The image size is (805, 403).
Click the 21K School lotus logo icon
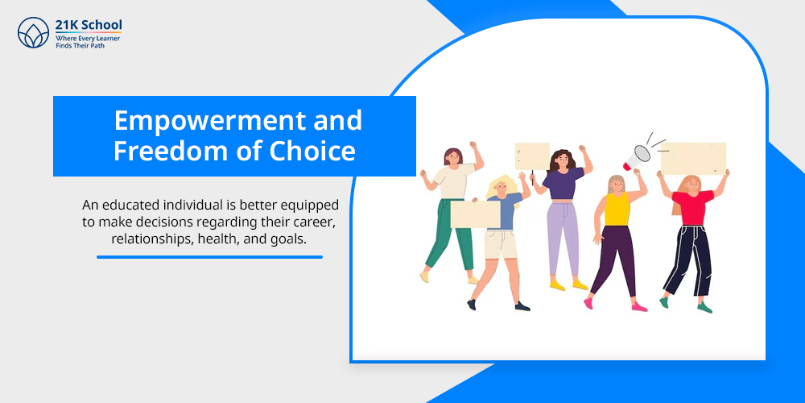(33, 32)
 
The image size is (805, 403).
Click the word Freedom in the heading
(169, 152)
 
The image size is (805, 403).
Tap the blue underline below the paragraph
(209, 257)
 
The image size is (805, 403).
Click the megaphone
(637, 156)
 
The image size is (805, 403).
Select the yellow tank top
(617, 209)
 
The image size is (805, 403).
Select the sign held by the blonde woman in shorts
(476, 214)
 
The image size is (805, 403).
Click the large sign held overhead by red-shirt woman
(693, 159)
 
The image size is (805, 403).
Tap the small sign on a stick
(532, 157)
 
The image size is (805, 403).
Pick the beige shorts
(501, 245)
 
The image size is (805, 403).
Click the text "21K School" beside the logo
(89, 24)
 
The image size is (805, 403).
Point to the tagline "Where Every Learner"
(88, 39)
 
